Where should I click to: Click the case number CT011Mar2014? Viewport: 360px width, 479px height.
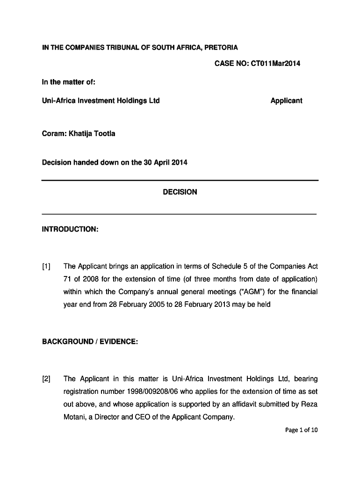pos(275,64)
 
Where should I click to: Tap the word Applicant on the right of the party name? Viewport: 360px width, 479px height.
pos(286,101)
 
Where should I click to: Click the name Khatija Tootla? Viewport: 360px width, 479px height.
pos(92,134)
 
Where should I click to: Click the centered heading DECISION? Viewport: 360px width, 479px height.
pos(180,192)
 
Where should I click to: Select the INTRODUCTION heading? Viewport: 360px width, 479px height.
pos(70,229)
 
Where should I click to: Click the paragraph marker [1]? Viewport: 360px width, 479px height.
pos(46,267)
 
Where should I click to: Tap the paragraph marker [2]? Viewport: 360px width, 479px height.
pos(46,379)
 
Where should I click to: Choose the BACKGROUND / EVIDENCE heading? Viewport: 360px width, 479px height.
pos(90,341)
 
